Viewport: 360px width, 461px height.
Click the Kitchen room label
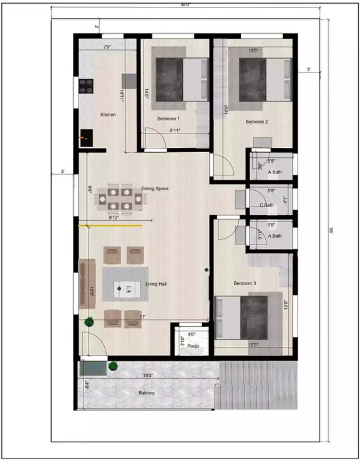pyautogui.click(x=109, y=115)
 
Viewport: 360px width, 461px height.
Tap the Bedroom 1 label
pyautogui.click(x=168, y=119)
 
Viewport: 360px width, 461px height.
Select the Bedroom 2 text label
pyautogui.click(x=256, y=122)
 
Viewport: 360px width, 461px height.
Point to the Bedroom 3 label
pyautogui.click(x=245, y=283)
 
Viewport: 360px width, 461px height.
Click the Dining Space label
pyautogui.click(x=155, y=188)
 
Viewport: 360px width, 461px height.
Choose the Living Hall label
pyautogui.click(x=157, y=284)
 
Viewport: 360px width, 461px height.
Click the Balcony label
pyautogui.click(x=147, y=393)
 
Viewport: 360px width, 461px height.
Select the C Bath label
pyautogui.click(x=266, y=205)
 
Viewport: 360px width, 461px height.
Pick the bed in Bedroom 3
pyautogui.click(x=242, y=318)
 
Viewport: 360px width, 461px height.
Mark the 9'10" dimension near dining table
pyautogui.click(x=114, y=218)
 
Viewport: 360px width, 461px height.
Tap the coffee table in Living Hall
pyautogui.click(x=129, y=288)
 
